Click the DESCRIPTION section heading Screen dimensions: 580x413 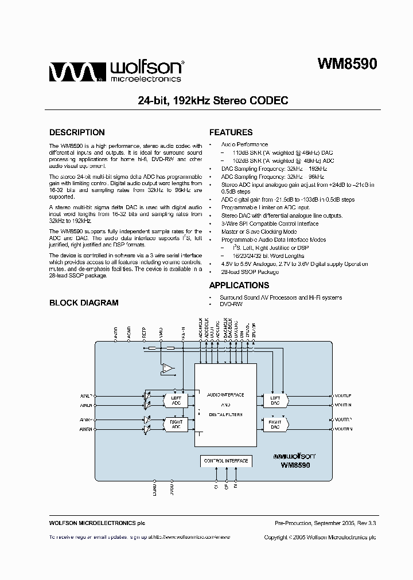click(x=77, y=132)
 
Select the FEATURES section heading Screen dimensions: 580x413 click(x=231, y=132)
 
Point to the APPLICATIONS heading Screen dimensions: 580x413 click(x=239, y=285)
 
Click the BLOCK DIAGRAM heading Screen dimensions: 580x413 click(x=84, y=303)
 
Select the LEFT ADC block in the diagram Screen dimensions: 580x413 click(x=176, y=399)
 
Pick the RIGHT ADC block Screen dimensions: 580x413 click(x=176, y=425)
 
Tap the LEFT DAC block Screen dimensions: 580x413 click(x=275, y=400)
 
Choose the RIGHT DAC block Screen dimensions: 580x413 click(x=275, y=425)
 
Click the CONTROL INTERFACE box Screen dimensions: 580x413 click(x=225, y=461)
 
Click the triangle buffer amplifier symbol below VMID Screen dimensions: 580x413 click(x=167, y=369)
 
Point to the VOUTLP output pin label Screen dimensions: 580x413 click(x=343, y=395)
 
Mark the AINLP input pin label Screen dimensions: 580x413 click(x=87, y=395)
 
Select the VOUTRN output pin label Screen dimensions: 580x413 click(x=343, y=429)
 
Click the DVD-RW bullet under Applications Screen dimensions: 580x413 click(x=231, y=304)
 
